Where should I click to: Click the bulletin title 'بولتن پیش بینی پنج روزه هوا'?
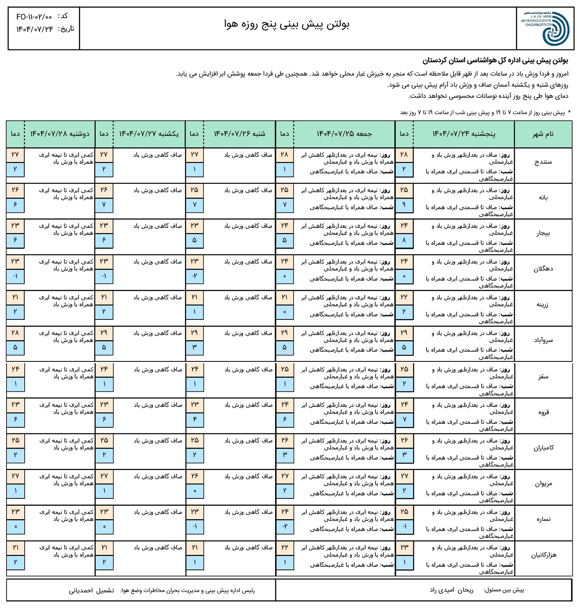[286, 25]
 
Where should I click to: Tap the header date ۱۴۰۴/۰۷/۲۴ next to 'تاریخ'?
[35, 29]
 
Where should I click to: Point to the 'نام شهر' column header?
[543, 134]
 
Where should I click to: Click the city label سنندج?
[543, 162]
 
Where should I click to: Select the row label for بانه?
[543, 198]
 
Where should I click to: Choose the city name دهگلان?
[543, 269]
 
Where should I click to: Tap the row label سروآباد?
[543, 340]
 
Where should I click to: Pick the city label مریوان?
[543, 484]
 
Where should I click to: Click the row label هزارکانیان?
[544, 555]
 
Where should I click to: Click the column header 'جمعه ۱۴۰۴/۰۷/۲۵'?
[344, 134]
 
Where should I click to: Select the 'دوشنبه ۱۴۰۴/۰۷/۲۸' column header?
[60, 134]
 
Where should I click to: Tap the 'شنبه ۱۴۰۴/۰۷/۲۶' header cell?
[240, 134]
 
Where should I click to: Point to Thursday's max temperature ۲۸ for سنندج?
[404, 155]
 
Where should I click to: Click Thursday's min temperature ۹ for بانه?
[404, 205]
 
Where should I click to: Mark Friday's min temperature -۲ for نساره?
[285, 526]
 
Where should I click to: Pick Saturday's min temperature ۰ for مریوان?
[195, 491]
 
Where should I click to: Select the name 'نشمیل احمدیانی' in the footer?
[91, 590]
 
